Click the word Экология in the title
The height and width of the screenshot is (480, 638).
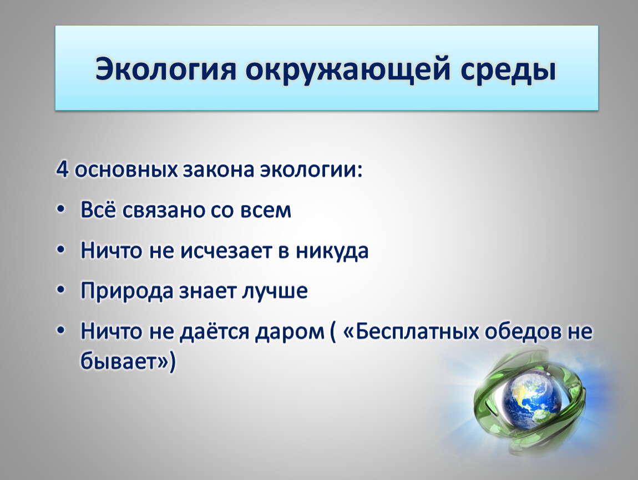166,69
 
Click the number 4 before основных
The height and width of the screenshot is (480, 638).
62,169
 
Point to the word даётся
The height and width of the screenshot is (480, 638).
215,331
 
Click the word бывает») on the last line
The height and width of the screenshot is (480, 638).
128,361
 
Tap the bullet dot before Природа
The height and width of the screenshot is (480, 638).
61,291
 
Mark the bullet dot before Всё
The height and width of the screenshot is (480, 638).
61,210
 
